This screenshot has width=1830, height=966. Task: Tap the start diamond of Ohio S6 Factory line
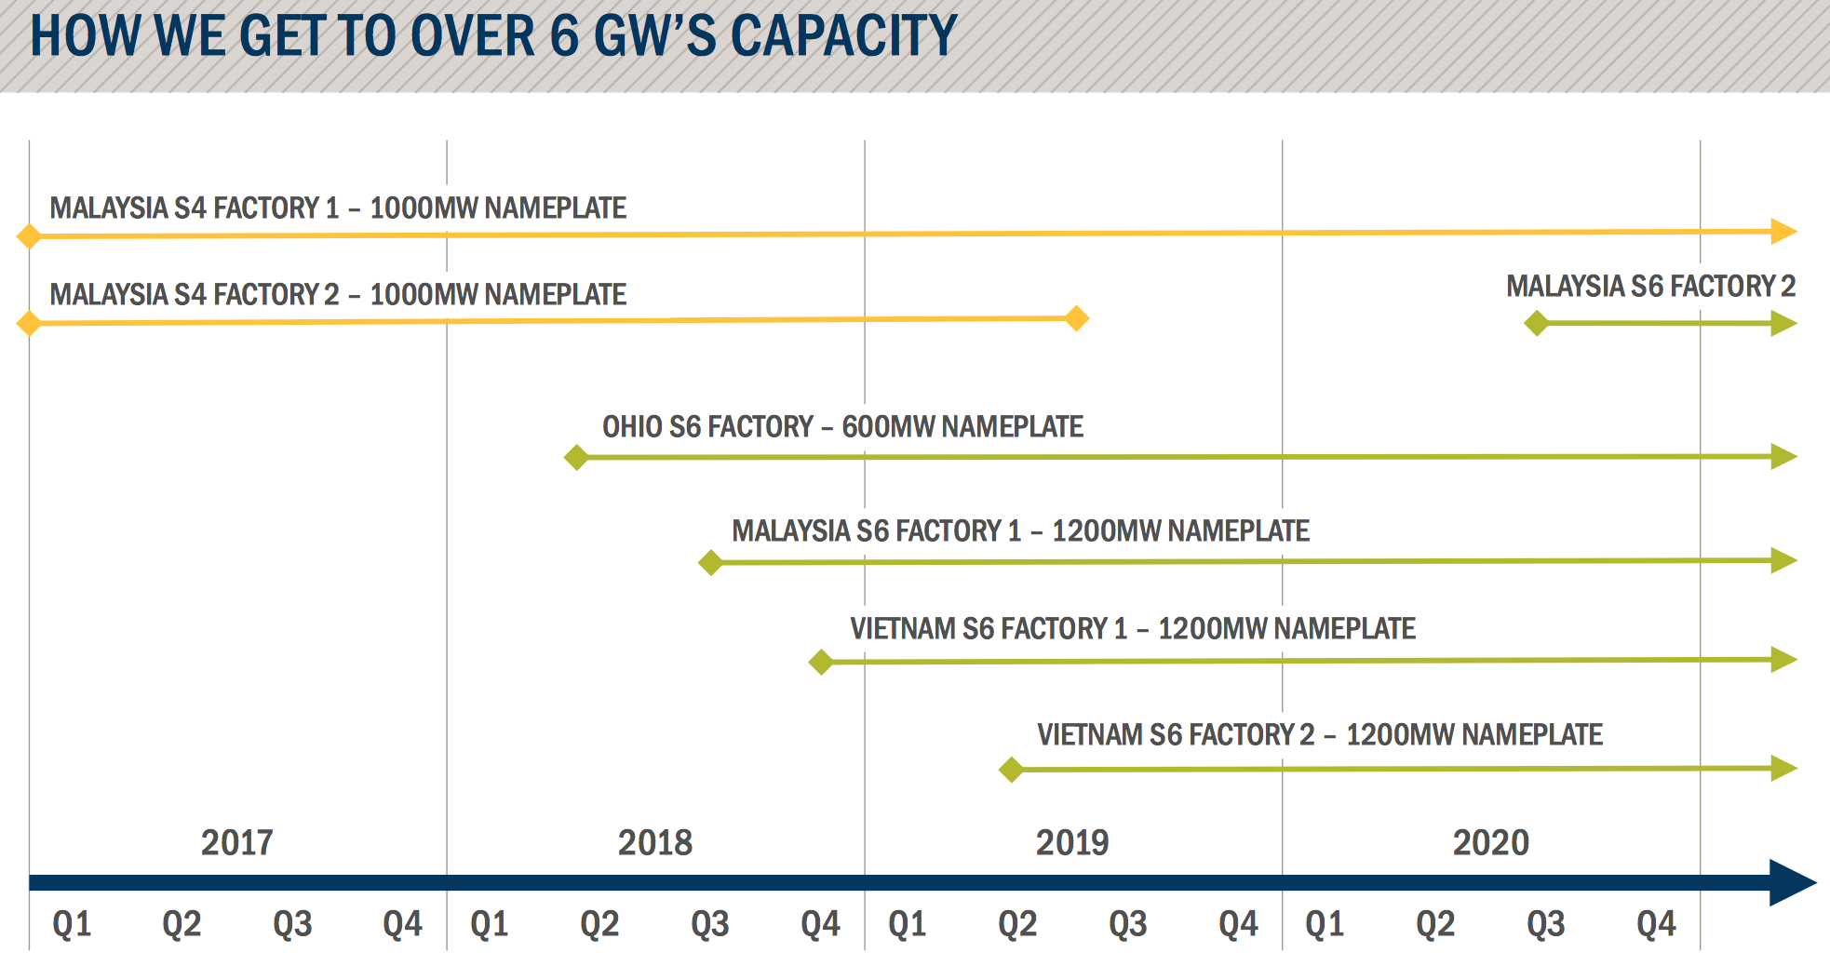pos(576,457)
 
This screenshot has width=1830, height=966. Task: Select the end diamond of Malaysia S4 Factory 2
pos(1076,318)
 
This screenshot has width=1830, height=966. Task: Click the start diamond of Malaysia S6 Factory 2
pos(1536,324)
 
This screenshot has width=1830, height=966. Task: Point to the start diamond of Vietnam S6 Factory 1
pos(821,662)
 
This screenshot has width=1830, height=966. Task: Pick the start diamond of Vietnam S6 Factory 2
pos(1011,770)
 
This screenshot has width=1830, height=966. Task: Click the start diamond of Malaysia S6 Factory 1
pos(710,562)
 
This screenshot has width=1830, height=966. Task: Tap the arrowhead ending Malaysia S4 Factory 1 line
pos(1783,231)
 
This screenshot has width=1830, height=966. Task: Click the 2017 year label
pos(236,842)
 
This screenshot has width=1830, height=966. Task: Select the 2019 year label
pos(1072,842)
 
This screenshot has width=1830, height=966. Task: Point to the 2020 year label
pos(1490,842)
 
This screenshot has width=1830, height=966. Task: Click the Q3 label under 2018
pos(709,924)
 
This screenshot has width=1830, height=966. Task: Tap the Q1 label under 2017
pos(72,924)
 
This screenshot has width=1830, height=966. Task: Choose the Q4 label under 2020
pos(1656,924)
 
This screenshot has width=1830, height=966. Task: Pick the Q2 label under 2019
pos(1016,924)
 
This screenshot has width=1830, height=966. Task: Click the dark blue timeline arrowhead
pos(1791,882)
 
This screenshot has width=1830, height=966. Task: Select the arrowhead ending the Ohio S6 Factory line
pos(1783,456)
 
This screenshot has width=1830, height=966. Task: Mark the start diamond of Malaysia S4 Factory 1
pos(29,235)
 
